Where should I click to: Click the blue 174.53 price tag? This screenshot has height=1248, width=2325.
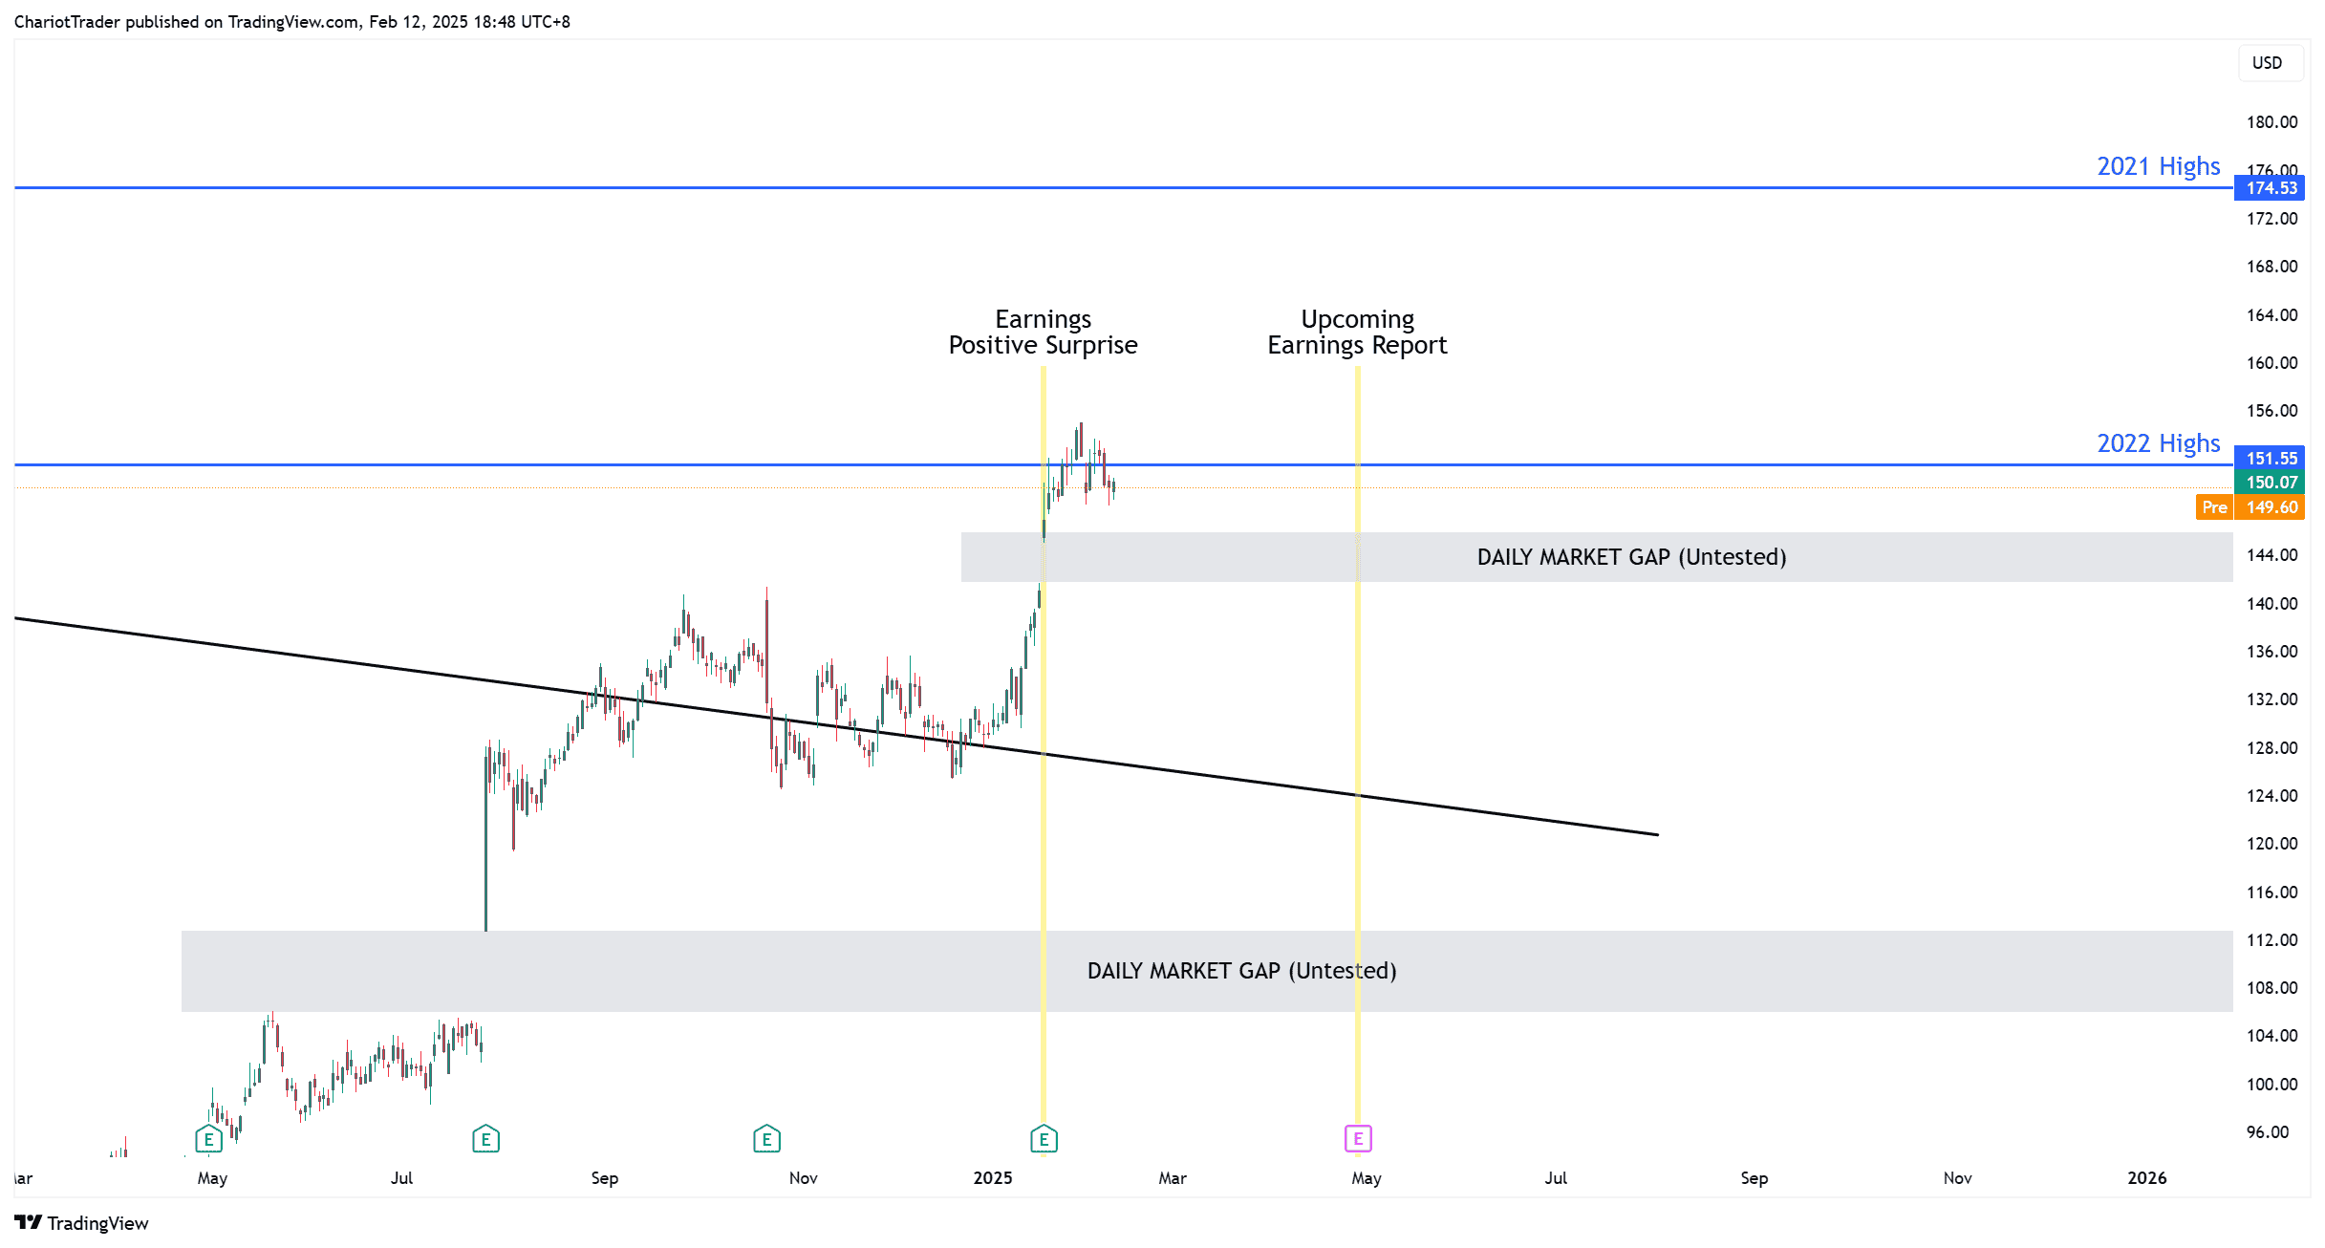2270,188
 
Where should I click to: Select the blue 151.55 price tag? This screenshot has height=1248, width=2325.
2270,459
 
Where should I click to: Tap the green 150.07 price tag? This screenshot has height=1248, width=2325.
2270,483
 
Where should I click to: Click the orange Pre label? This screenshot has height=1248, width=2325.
2214,507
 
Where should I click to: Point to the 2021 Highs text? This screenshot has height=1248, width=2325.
2158,166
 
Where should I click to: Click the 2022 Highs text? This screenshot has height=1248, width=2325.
2158,443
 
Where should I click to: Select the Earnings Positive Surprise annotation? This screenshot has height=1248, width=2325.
1043,332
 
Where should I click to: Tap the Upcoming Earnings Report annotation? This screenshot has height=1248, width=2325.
1357,332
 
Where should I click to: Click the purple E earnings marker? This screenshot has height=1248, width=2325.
1358,1138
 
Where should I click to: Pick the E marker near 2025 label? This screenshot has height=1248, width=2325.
1044,1138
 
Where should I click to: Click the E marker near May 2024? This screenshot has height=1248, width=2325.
208,1138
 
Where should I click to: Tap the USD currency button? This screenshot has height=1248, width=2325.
2267,63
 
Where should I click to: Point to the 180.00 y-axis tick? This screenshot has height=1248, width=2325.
2271,122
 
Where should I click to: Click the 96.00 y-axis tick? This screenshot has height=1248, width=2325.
2268,1132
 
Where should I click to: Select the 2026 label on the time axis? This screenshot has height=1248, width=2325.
2146,1178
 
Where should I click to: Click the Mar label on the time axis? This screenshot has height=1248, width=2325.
1173,1178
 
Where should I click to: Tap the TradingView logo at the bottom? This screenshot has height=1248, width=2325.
82,1223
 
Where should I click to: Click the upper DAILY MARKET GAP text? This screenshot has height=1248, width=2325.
1631,557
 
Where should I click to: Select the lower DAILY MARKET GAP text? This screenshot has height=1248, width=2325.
1241,971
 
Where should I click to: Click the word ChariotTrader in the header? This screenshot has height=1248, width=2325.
67,22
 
